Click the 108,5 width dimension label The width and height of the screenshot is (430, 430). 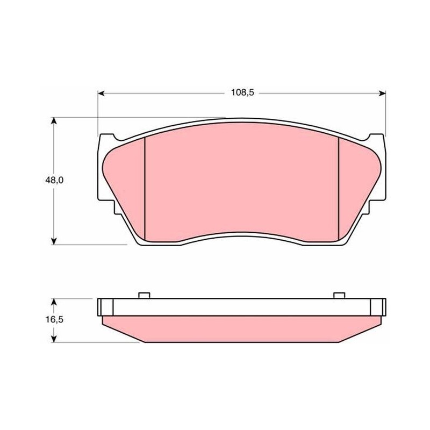[243, 92]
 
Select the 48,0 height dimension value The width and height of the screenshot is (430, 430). [54, 180]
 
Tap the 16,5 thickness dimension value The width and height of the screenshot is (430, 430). [54, 319]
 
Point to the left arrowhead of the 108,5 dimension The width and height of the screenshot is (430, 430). [101, 94]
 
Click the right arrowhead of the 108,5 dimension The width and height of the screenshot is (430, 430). [382, 94]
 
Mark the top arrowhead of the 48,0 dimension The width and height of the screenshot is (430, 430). [54, 121]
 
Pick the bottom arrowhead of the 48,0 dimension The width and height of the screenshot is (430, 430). [54, 241]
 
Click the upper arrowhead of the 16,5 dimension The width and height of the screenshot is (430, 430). [54, 302]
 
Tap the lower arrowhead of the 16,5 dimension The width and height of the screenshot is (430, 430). [54, 339]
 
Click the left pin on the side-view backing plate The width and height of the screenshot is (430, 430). [144, 296]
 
